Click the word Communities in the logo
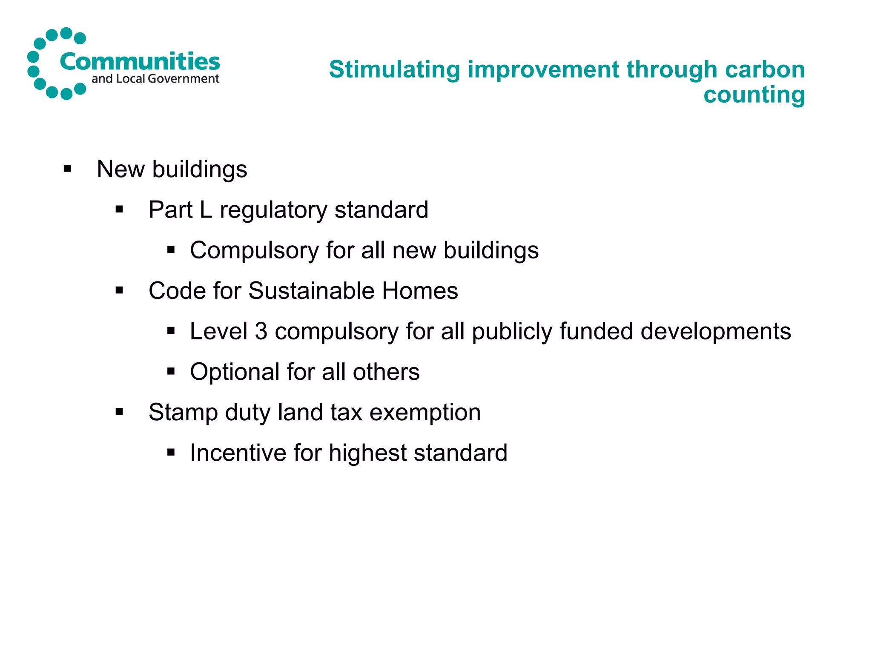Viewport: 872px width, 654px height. pyautogui.click(x=140, y=62)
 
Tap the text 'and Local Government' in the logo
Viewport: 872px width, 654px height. pyautogui.click(x=155, y=79)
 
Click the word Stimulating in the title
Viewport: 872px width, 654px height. pyautogui.click(x=395, y=69)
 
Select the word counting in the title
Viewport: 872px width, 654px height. pyautogui.click(x=754, y=95)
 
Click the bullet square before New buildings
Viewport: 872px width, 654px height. pyautogui.click(x=67, y=169)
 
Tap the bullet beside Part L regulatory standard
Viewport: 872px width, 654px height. pyautogui.click(x=119, y=209)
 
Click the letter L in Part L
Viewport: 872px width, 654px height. pyautogui.click(x=206, y=209)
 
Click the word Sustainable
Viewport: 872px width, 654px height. pyautogui.click(x=311, y=291)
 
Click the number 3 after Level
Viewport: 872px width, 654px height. pyautogui.click(x=261, y=331)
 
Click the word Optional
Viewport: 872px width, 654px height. pyautogui.click(x=235, y=372)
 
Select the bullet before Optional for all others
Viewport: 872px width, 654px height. pyautogui.click(x=171, y=372)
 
